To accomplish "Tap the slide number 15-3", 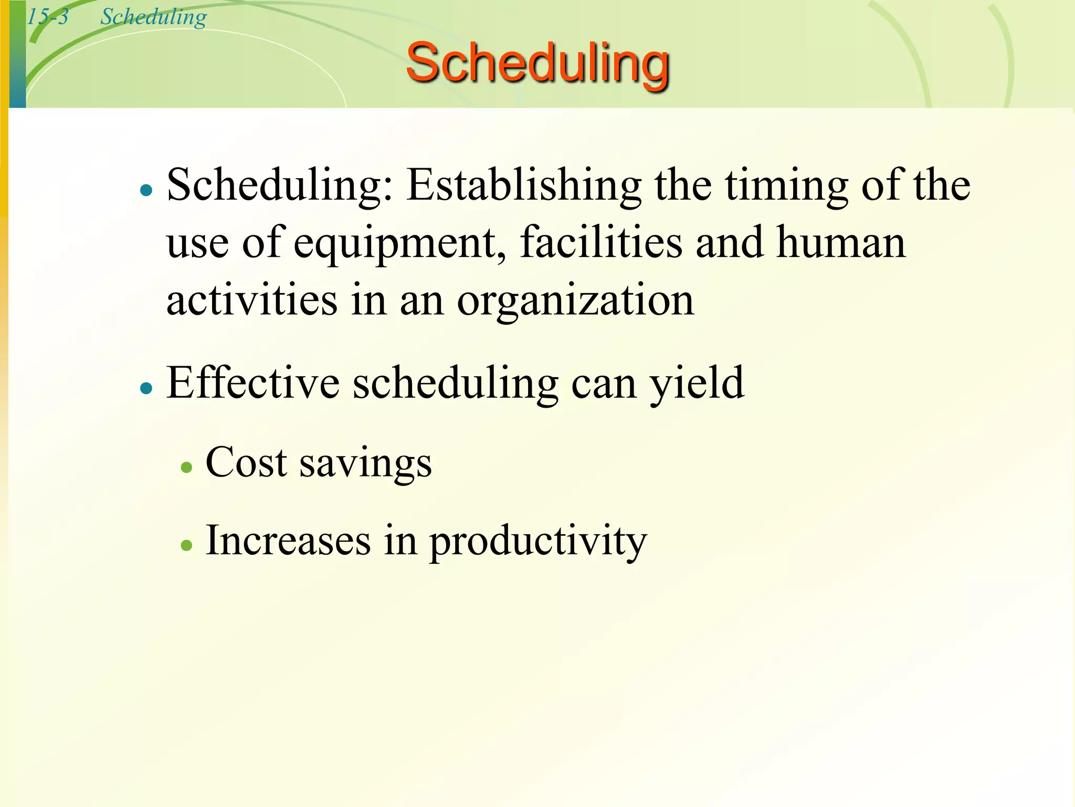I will (x=47, y=17).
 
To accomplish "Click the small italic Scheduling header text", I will (x=153, y=17).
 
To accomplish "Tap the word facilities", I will (x=601, y=243).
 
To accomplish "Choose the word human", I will (x=841, y=243).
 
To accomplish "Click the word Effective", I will (x=252, y=383).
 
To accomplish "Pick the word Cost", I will (x=246, y=462).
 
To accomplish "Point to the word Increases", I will (x=288, y=541).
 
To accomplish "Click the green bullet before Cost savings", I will (x=186, y=467).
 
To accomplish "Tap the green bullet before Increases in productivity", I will (x=186, y=545).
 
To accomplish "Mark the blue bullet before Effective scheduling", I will (x=146, y=388).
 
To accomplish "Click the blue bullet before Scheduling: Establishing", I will (x=146, y=190).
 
